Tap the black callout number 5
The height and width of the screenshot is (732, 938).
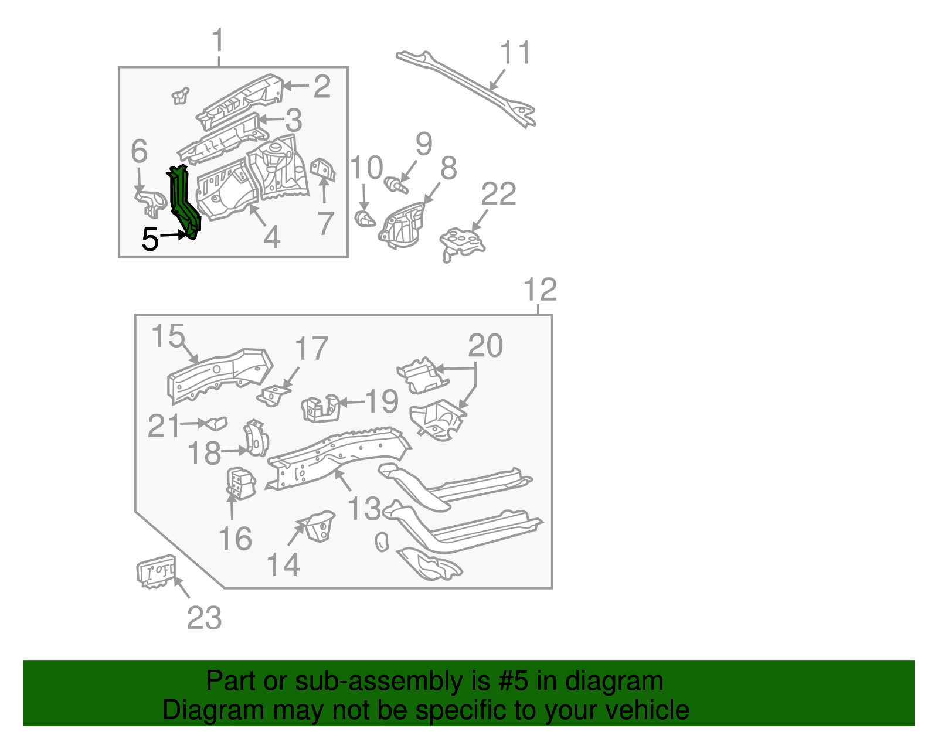[x=150, y=240]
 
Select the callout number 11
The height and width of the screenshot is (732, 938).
[x=515, y=53]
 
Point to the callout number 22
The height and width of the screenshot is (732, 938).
[x=498, y=194]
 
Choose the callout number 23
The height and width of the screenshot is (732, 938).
[x=204, y=618]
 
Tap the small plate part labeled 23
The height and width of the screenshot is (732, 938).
[x=156, y=570]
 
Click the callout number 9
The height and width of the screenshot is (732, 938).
[x=423, y=144]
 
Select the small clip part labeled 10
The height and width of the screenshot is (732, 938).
[x=365, y=220]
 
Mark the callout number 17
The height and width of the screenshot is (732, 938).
[x=311, y=349]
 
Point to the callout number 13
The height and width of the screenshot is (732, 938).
[x=364, y=508]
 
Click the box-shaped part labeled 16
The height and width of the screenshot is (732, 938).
[x=241, y=483]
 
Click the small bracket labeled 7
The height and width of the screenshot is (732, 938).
[x=323, y=171]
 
